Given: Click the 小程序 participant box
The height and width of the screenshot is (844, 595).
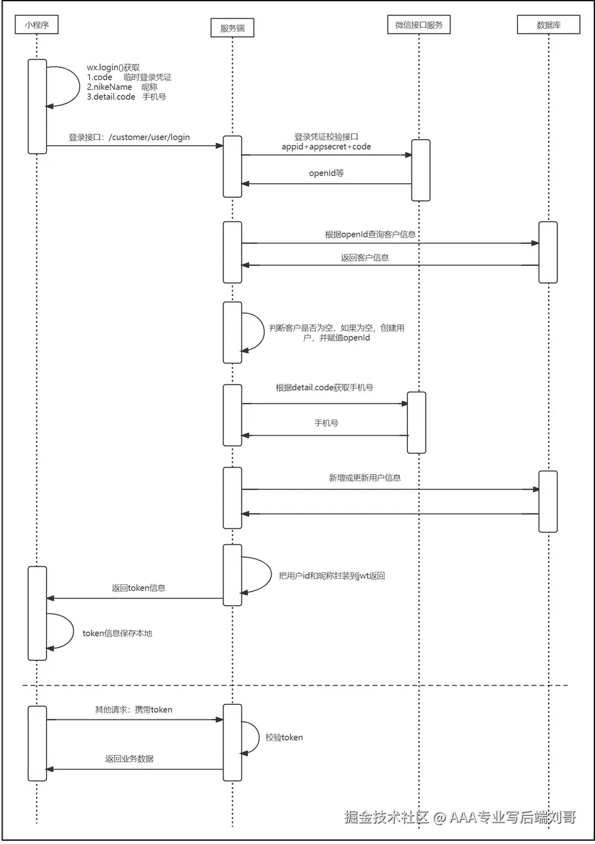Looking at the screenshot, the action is [36, 25].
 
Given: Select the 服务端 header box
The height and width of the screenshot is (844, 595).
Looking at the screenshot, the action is [233, 28].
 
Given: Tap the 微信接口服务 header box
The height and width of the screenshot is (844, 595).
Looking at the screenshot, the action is [419, 25].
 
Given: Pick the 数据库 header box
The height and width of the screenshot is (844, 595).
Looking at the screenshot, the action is [548, 25].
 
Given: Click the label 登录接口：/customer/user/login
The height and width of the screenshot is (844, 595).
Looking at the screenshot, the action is [129, 137].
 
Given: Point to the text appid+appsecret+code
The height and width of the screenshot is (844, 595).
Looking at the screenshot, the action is [326, 146].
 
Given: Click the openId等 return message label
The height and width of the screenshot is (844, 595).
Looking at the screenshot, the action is [326, 173].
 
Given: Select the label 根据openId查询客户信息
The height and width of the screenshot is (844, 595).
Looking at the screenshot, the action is [370, 234].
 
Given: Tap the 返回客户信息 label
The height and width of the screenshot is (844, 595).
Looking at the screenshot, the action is [365, 257].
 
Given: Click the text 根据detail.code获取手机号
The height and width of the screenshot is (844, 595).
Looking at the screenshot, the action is [325, 388].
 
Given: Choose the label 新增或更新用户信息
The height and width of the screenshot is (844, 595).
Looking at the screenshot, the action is [365, 478].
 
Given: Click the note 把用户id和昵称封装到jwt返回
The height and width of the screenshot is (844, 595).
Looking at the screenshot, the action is [332, 576].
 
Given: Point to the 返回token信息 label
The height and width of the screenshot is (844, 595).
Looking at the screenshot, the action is [138, 588].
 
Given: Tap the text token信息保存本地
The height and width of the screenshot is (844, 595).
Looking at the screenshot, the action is [117, 633].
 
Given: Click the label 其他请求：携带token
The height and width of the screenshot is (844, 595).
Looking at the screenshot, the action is [133, 709].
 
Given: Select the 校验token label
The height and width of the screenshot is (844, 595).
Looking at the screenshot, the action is [284, 737].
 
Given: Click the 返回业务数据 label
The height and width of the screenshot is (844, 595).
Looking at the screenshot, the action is [129, 758].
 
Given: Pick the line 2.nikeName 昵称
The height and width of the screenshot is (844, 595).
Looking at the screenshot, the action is [122, 87].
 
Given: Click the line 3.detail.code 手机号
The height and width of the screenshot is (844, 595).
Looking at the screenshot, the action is [127, 97].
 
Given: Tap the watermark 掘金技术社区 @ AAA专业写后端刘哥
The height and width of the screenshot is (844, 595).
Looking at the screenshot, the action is [460, 817].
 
